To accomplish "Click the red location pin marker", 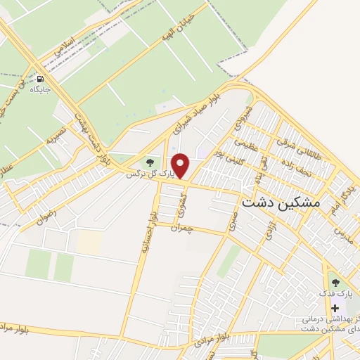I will tap(181, 165).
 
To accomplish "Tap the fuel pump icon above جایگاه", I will tap(39, 79).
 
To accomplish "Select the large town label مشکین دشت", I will tap(280, 202).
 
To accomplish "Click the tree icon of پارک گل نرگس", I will tap(148, 164).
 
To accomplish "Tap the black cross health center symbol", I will tap(335, 309).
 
